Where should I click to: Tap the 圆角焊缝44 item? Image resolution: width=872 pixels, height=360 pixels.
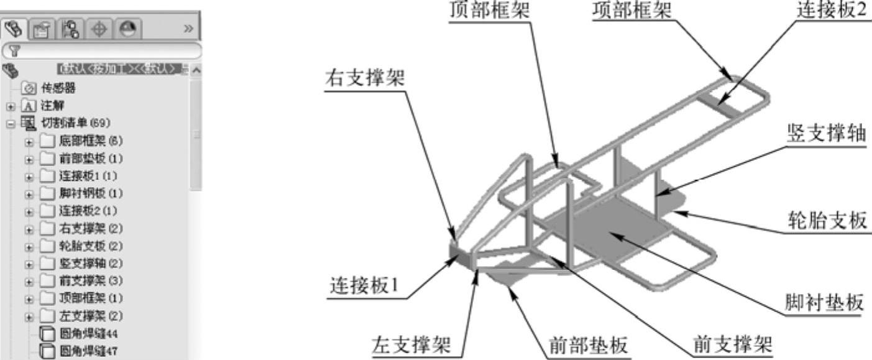coord(88,333)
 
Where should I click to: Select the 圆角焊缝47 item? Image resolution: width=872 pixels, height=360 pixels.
coord(88,351)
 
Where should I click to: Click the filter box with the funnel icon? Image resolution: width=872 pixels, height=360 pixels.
coord(103,51)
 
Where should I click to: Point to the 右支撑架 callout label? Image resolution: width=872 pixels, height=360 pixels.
coord(365,80)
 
